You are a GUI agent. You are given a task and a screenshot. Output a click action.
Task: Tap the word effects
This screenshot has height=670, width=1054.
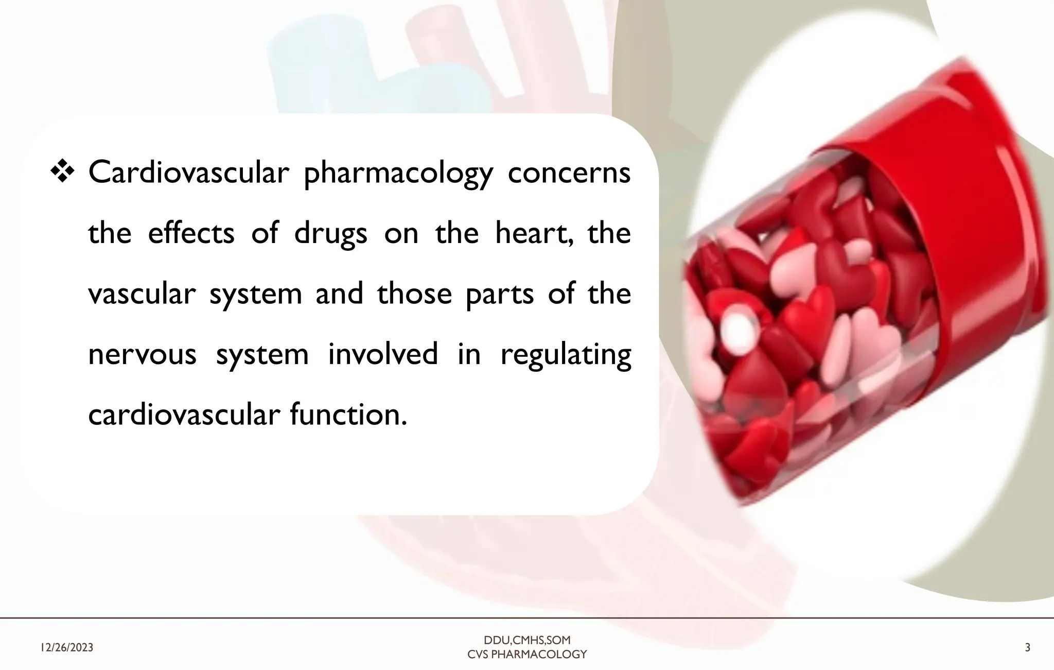191,234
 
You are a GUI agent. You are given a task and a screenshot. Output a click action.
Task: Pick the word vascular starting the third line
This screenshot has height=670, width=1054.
142,294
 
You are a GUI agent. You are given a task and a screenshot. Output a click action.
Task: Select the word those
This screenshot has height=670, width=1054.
414,294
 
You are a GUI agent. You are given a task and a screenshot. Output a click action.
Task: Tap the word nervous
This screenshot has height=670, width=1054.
142,355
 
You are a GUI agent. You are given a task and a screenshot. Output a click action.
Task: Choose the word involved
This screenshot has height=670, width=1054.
383,354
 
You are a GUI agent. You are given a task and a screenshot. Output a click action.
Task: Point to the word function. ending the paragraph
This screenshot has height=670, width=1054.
348,415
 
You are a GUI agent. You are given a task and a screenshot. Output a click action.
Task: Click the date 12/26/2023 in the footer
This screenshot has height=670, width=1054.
67,648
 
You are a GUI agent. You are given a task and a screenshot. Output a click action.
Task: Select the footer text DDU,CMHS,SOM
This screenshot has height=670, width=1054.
527,641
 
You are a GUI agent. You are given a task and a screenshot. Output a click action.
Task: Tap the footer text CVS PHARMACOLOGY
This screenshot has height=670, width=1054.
527,655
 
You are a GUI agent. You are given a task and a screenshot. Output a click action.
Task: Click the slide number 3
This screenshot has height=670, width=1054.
1027,648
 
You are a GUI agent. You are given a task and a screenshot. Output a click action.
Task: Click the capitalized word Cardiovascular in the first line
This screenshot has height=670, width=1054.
188,173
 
